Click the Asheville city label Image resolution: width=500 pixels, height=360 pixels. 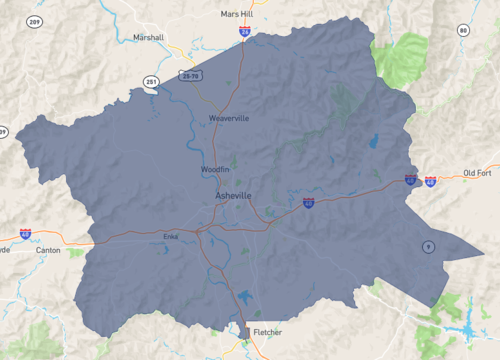point(234,195)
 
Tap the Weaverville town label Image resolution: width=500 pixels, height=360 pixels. point(228,118)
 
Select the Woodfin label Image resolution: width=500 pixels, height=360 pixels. point(215,170)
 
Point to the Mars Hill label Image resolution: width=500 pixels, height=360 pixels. point(237,15)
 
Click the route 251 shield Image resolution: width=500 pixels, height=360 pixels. point(151,82)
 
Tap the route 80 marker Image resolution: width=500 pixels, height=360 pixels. point(463,31)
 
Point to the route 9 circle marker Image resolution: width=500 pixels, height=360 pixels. point(427,246)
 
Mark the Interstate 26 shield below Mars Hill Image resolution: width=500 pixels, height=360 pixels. point(245,32)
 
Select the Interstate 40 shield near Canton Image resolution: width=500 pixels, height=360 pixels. point(25,233)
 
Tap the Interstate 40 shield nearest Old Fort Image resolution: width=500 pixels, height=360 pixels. point(430,182)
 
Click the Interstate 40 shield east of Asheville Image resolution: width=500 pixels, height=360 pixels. point(309,202)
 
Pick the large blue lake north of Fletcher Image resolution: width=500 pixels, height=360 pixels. point(243,297)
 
